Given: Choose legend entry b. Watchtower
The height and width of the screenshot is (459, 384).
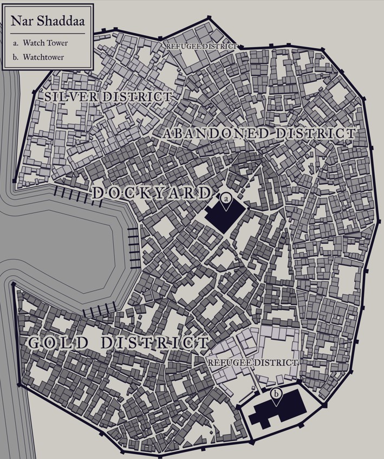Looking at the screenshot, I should coord(43,57).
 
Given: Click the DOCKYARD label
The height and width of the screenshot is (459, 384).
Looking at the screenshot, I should coord(151,193).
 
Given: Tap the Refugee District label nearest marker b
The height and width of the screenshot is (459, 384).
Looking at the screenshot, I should coord(253,362).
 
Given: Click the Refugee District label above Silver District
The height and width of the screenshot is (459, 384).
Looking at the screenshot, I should coord(201,47).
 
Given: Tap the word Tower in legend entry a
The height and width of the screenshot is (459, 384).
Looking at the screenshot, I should coord(57,43).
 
